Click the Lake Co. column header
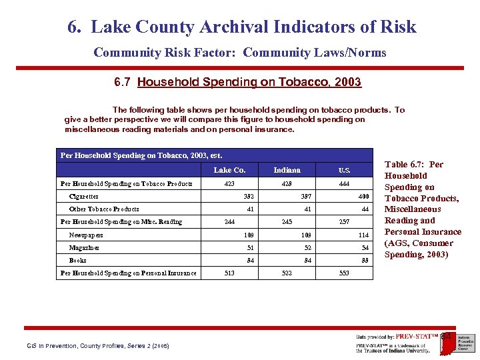(x=229, y=170)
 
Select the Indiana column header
(x=287, y=170)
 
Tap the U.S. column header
(x=344, y=170)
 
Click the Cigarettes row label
(x=84, y=197)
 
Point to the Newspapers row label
(x=86, y=235)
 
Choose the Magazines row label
(x=85, y=247)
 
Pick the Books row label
(x=78, y=260)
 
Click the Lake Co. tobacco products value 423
(x=229, y=183)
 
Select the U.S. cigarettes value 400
(x=363, y=197)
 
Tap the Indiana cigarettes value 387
(x=306, y=197)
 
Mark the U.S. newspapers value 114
(x=363, y=235)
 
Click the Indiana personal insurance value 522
(x=287, y=273)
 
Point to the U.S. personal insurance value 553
(x=344, y=273)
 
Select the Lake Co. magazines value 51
(x=251, y=247)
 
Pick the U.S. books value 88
(x=365, y=260)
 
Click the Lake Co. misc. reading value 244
(x=229, y=222)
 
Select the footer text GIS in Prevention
(x=53, y=346)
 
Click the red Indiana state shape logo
(x=446, y=337)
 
